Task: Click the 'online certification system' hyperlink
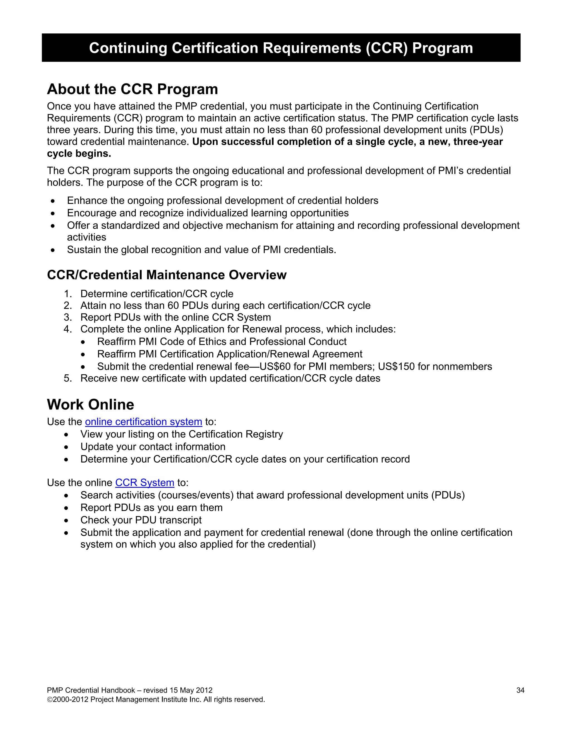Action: pyautogui.click(x=144, y=422)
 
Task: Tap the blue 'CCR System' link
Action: pyautogui.click(x=144, y=483)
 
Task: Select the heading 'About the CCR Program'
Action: pyautogui.click(x=132, y=90)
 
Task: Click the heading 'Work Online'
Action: pyautogui.click(x=90, y=405)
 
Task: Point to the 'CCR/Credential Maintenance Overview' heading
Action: pyautogui.click(x=166, y=275)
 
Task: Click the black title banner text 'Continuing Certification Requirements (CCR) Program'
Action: pyautogui.click(x=281, y=48)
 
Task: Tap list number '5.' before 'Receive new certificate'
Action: pyautogui.click(x=68, y=378)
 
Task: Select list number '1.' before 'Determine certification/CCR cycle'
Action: pyautogui.click(x=68, y=294)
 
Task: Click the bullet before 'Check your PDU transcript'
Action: pyautogui.click(x=66, y=521)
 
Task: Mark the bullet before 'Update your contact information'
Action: pyautogui.click(x=66, y=447)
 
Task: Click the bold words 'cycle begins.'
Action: pyautogui.click(x=79, y=154)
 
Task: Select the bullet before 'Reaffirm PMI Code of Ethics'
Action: pyautogui.click(x=83, y=342)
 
